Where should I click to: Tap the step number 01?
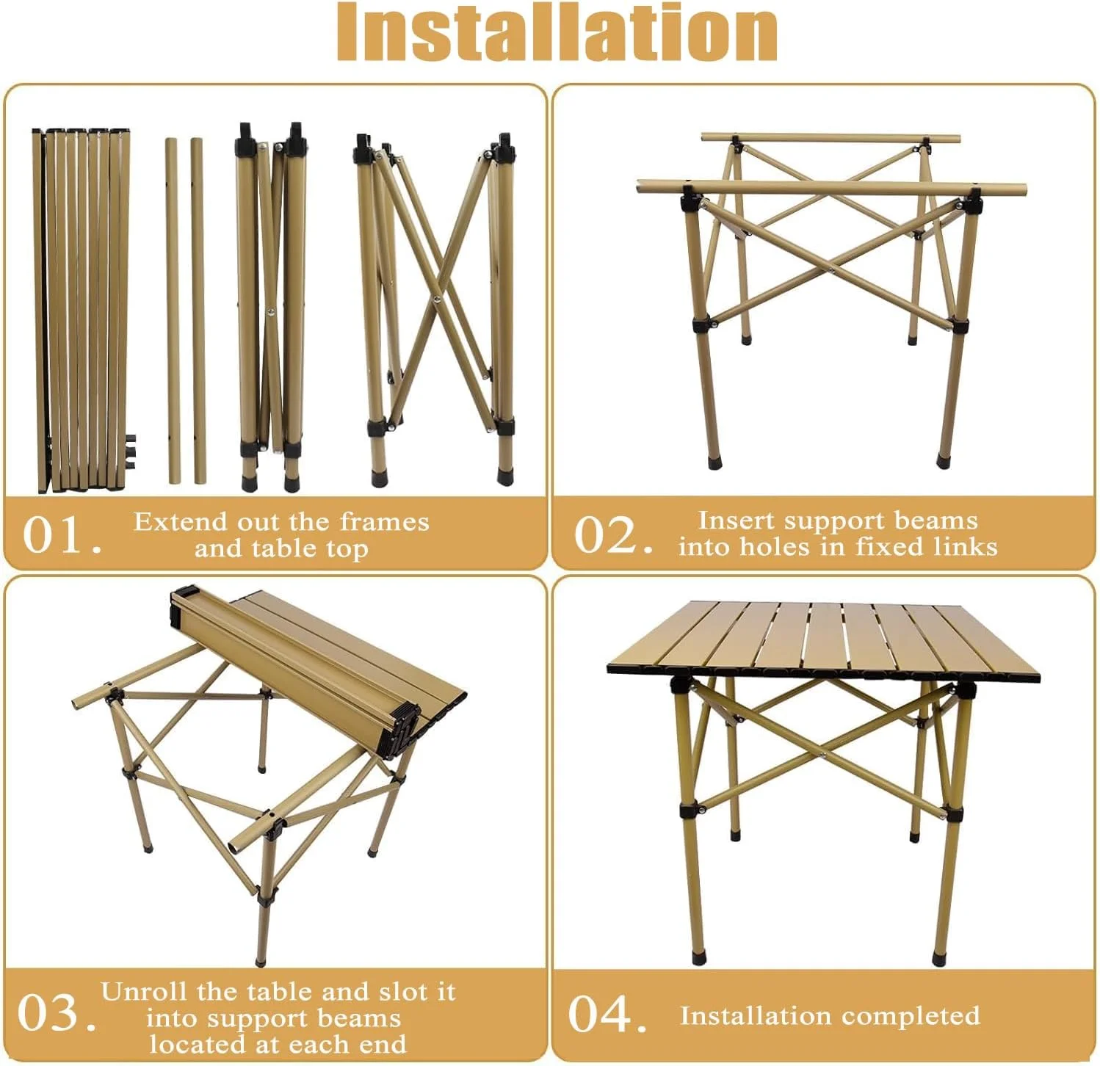coord(62,535)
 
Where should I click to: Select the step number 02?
coord(612,535)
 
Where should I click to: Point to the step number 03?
coord(57,1013)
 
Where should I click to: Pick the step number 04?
coord(607,1014)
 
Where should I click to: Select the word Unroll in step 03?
coord(142,992)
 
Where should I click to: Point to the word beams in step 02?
coord(943,521)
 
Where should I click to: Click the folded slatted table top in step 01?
coord(82,311)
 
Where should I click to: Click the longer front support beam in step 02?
coord(831,187)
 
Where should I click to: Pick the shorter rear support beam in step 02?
coord(831,138)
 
